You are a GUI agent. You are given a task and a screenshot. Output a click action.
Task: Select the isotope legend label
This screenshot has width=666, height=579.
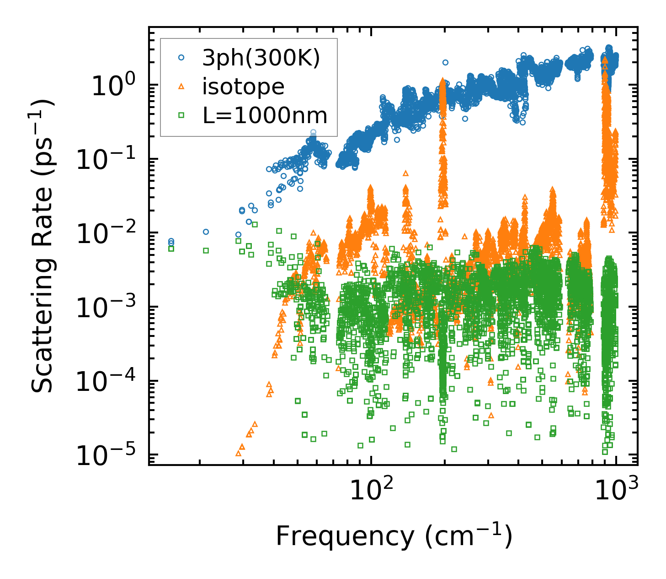(x=243, y=87)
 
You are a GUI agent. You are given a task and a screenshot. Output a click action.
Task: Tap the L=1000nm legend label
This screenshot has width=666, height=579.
(x=265, y=115)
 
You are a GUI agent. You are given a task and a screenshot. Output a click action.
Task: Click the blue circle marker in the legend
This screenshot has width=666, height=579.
(x=181, y=58)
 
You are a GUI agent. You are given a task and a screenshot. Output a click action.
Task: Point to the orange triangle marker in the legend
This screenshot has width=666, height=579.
(x=181, y=86)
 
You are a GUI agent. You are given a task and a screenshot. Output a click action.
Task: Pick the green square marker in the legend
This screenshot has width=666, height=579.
(x=181, y=115)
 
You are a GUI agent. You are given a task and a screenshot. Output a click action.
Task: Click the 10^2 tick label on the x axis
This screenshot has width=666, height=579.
(x=371, y=490)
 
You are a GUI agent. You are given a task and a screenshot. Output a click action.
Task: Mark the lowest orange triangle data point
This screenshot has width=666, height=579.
(x=238, y=453)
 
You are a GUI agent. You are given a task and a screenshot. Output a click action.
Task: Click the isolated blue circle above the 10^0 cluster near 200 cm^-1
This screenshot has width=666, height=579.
(x=445, y=62)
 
